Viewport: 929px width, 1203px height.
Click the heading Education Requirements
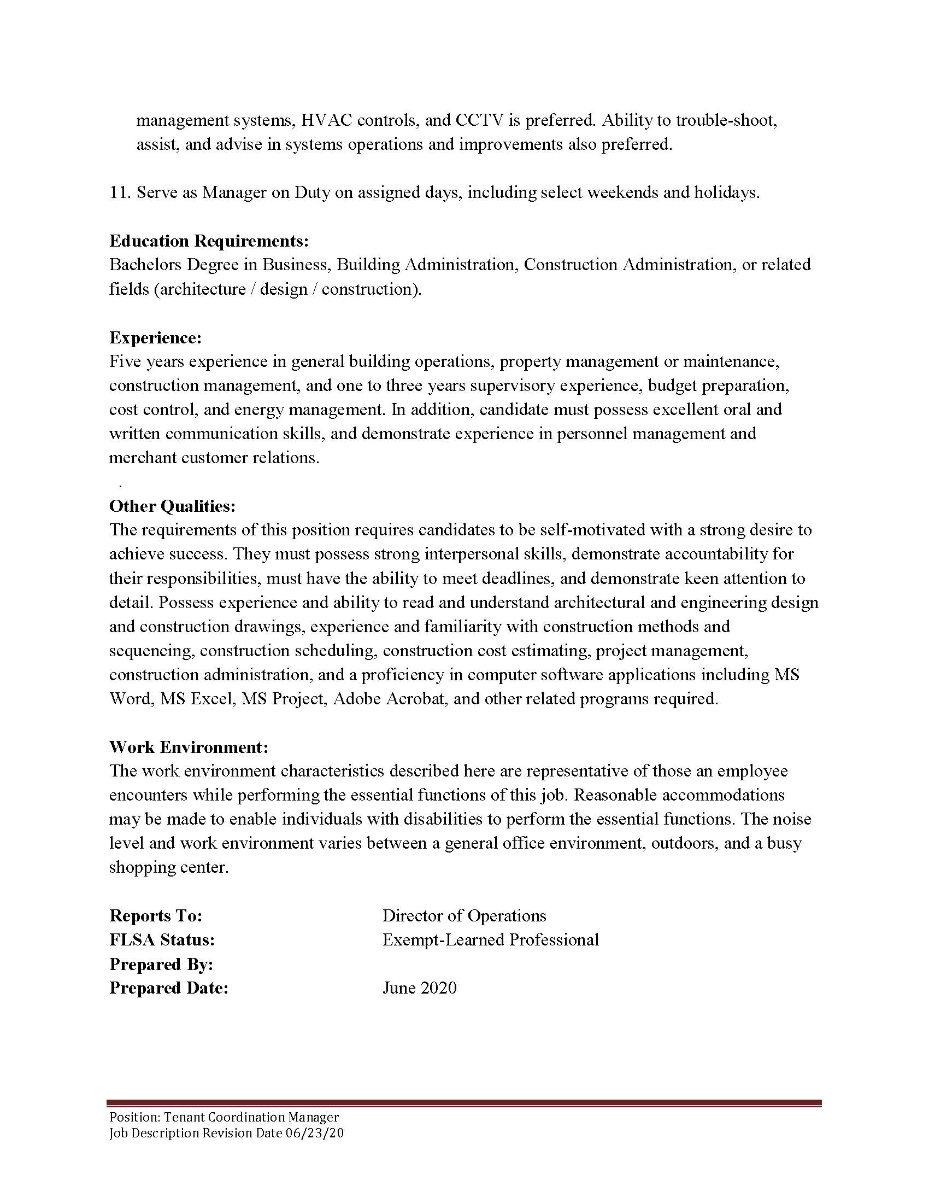[209, 241]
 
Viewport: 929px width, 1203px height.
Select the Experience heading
[155, 337]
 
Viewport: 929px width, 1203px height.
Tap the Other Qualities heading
[172, 506]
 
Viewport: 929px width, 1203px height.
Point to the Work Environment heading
[189, 747]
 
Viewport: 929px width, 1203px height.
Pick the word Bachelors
[145, 265]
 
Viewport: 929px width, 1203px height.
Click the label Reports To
[156, 915]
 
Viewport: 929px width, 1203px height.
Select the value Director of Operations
[464, 915]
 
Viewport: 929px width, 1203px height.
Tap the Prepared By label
[161, 964]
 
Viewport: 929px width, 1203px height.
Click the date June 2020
[419, 988]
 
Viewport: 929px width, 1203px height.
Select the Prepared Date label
[168, 988]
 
